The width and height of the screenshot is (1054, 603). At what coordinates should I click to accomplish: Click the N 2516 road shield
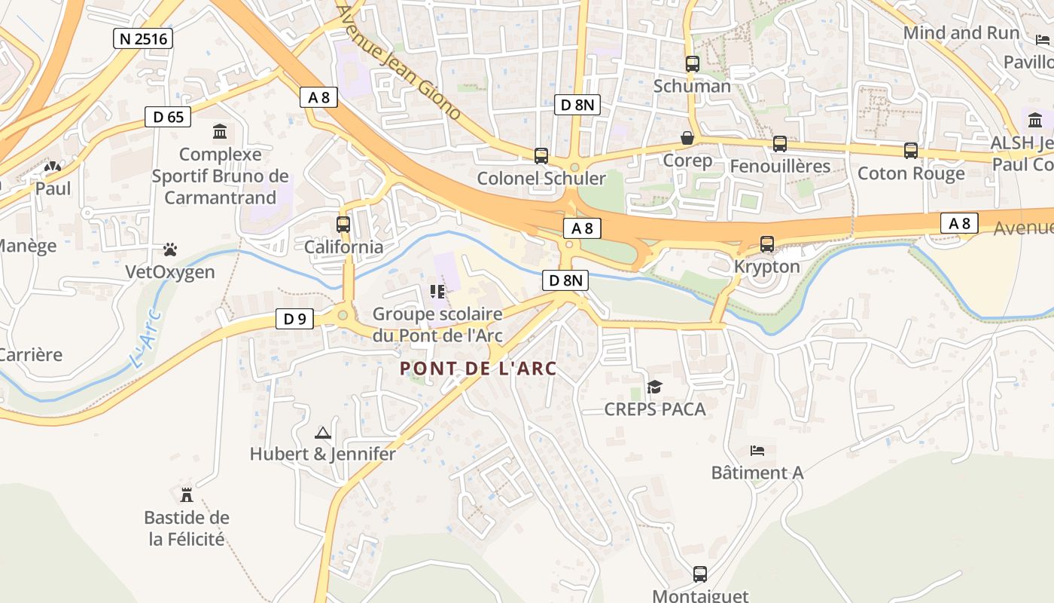(143, 38)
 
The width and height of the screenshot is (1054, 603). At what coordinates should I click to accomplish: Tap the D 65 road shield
(168, 117)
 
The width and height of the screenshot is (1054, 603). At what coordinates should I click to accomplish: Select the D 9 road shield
(294, 319)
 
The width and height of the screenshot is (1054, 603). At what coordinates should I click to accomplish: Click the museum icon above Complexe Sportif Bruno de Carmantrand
(220, 132)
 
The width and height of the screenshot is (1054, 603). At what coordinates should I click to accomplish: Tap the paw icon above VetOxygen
(170, 249)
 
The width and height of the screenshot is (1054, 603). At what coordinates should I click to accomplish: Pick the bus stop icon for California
(343, 224)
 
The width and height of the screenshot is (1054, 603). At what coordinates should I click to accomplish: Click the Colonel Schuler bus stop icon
(541, 156)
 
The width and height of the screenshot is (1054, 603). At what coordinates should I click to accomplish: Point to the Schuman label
(692, 86)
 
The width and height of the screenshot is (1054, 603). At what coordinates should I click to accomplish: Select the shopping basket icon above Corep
(687, 138)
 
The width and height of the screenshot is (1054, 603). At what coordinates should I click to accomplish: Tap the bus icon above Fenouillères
(780, 143)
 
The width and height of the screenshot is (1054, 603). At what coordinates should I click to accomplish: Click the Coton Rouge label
(911, 173)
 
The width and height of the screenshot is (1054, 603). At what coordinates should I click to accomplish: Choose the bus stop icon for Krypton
(767, 244)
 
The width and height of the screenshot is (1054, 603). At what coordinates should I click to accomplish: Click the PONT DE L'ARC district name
(478, 369)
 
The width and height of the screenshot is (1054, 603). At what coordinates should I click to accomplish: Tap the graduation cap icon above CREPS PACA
(655, 387)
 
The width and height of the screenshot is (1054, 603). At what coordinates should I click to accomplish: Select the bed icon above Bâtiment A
(757, 451)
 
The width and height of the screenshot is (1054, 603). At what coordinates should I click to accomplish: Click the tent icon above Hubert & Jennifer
(323, 433)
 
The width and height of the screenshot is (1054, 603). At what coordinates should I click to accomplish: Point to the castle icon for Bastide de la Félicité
(187, 495)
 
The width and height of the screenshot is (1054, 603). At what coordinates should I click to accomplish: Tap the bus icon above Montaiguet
(700, 574)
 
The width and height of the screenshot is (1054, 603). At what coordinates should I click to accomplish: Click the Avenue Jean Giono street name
(398, 62)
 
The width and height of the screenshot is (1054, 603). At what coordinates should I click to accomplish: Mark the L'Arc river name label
(146, 340)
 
